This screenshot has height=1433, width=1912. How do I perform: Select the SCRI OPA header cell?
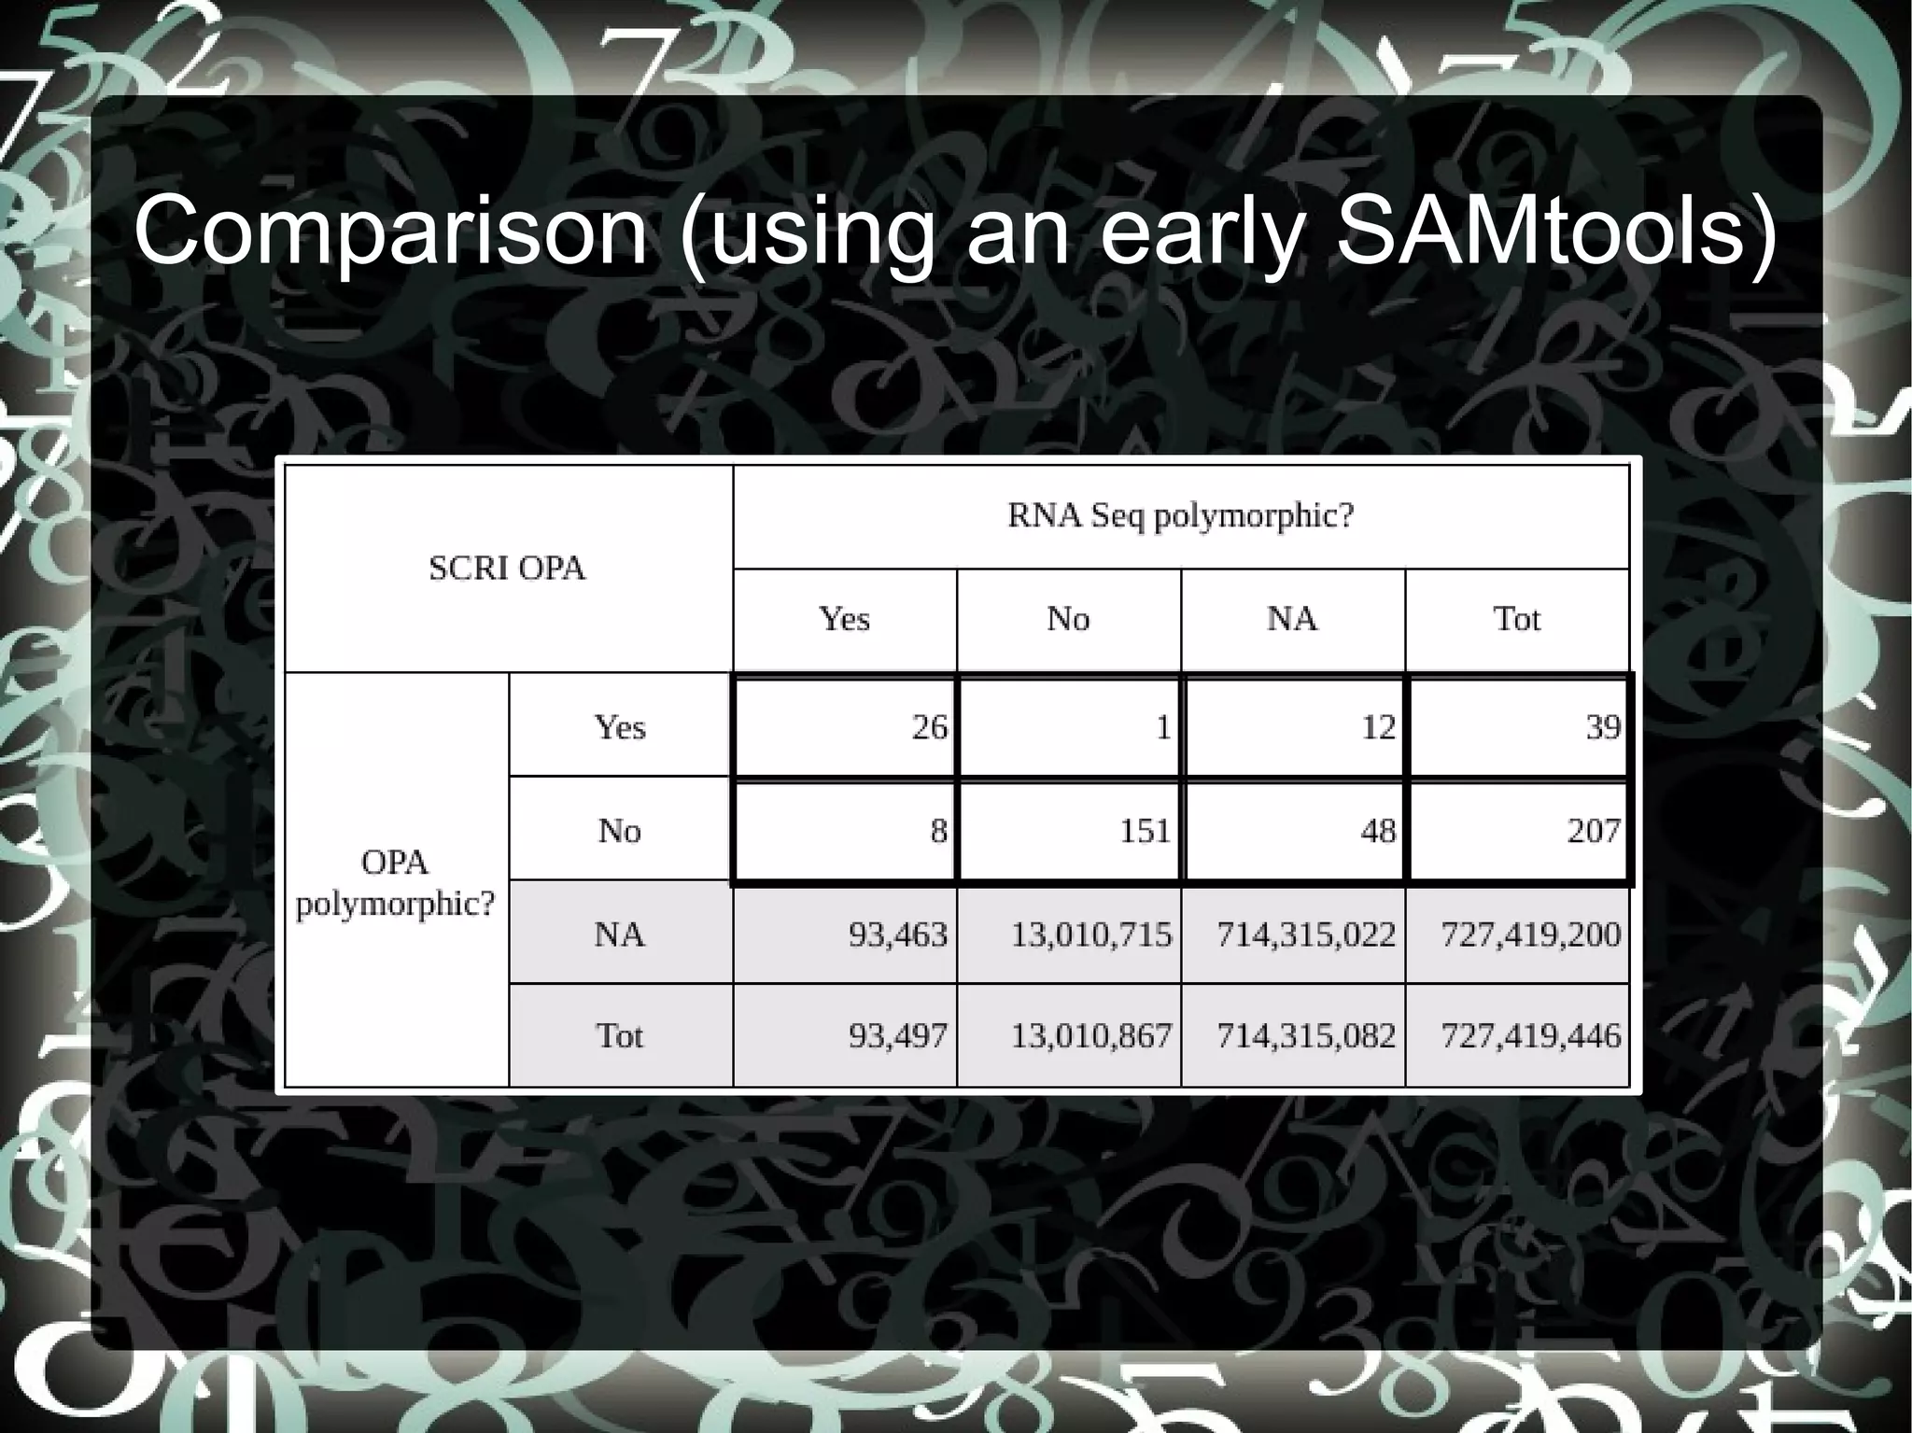[507, 569]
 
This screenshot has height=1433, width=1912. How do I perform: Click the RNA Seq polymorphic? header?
[1180, 515]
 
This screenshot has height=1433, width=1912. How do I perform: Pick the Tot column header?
[1516, 619]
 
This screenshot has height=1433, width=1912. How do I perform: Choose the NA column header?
[1292, 619]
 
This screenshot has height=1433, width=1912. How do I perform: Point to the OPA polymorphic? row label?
[395, 882]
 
